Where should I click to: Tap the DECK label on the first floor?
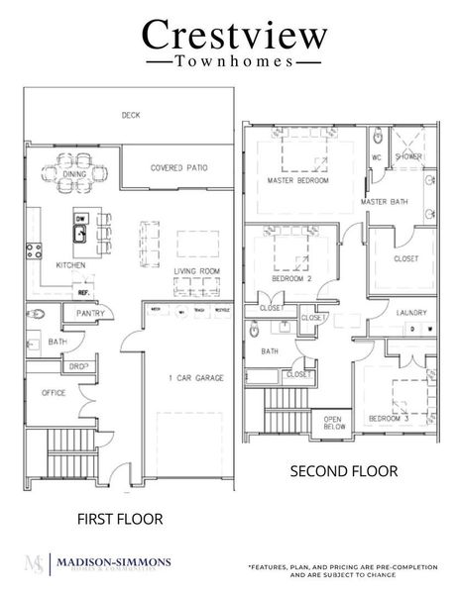click(131, 115)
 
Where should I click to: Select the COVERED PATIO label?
click(178, 168)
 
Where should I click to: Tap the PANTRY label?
click(90, 314)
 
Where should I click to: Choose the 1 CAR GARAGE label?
click(194, 378)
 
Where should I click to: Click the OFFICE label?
click(54, 392)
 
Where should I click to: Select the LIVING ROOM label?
click(196, 270)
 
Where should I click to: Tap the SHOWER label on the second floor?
click(408, 156)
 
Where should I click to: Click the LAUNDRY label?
click(411, 313)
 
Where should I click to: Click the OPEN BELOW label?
click(334, 422)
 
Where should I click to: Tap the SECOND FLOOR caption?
click(344, 471)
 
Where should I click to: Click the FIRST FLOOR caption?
click(119, 517)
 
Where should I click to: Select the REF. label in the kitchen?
click(84, 293)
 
